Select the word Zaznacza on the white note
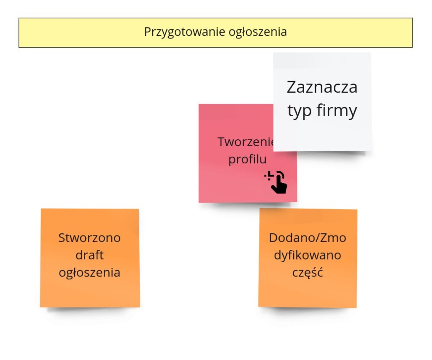(x=322, y=87)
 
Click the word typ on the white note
(x=300, y=111)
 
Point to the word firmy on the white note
(x=337, y=110)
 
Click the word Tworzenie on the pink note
(x=246, y=142)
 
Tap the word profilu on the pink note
(x=247, y=159)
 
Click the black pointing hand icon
(x=276, y=182)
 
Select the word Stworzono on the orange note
(x=89, y=238)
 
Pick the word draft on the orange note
(x=89, y=255)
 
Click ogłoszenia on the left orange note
(x=89, y=273)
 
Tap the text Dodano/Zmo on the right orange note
(x=308, y=238)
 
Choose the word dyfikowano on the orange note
(x=308, y=255)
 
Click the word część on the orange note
(x=308, y=273)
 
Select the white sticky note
(x=322, y=102)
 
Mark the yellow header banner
(x=216, y=32)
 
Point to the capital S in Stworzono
(x=62, y=238)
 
